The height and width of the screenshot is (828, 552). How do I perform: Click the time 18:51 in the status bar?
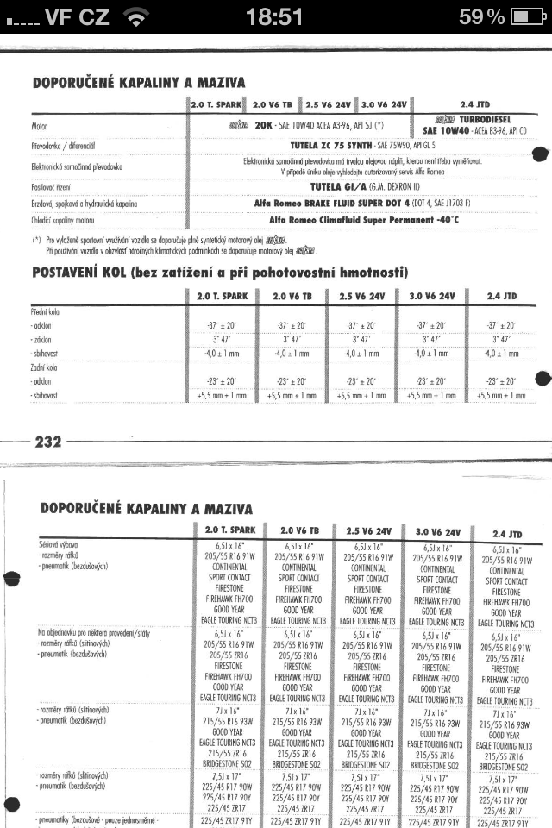coord(274,17)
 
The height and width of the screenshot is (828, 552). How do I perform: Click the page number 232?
coord(47,442)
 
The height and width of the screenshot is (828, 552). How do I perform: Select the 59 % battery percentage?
coord(481,17)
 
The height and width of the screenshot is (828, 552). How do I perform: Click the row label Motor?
coord(39,127)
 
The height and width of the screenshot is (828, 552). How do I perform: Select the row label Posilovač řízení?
coord(55,185)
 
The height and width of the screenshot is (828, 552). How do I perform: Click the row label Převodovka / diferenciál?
coord(68,147)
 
